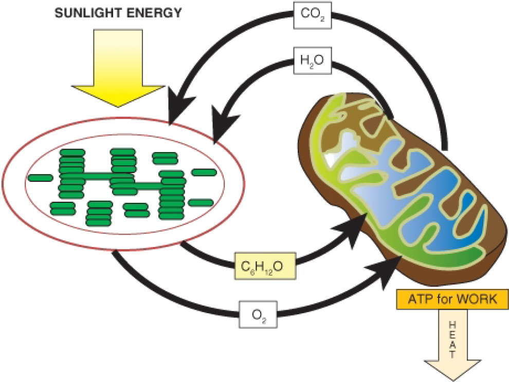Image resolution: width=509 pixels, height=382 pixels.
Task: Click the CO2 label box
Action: pyautogui.click(x=313, y=15)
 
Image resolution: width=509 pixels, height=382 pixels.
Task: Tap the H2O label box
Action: pyautogui.click(x=313, y=61)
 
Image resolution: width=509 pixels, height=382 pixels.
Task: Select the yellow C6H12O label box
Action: pyautogui.click(x=265, y=266)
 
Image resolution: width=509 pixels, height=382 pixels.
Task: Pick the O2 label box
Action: pyautogui.click(x=259, y=315)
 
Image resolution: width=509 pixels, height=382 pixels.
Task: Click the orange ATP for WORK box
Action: pyautogui.click(x=452, y=299)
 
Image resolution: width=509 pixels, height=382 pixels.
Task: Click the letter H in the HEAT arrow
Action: pyautogui.click(x=453, y=324)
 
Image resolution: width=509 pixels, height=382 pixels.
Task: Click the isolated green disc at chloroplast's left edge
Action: pyautogui.click(x=41, y=177)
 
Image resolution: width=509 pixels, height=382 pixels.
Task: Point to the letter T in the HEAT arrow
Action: pyautogui.click(x=453, y=354)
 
